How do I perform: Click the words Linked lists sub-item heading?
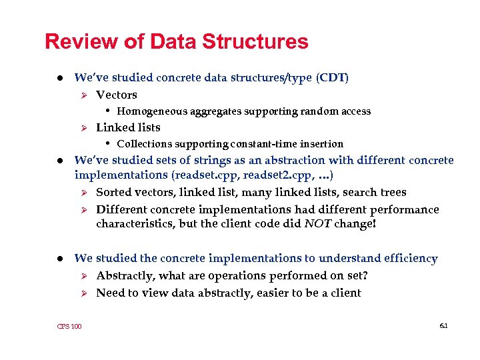[x=128, y=127]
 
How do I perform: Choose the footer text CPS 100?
[x=69, y=326]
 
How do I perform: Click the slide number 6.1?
[x=443, y=325]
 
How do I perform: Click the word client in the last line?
[x=345, y=293]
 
